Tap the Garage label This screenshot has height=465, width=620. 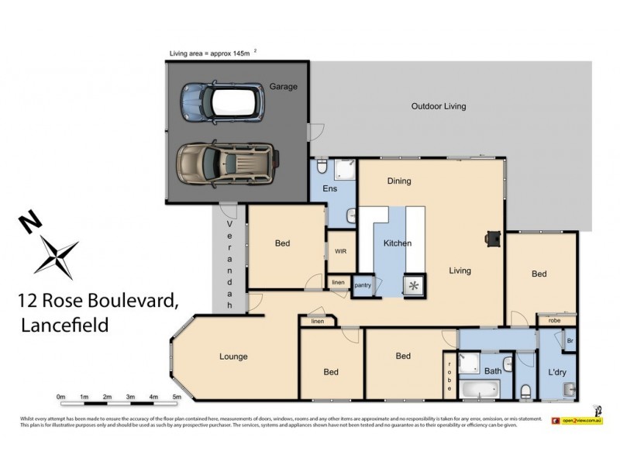click(x=283, y=87)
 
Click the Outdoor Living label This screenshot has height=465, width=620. click(x=438, y=106)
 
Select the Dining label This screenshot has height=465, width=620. click(x=399, y=181)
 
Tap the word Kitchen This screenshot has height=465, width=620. click(x=398, y=243)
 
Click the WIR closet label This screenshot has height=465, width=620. click(x=340, y=251)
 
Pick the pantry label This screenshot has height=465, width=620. click(x=363, y=285)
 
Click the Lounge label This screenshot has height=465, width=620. click(x=233, y=356)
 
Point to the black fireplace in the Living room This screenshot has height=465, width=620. click(x=492, y=239)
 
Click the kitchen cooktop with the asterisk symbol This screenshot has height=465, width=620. click(x=415, y=286)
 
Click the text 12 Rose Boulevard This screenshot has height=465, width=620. click(x=98, y=301)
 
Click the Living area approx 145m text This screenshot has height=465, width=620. click(x=211, y=53)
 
